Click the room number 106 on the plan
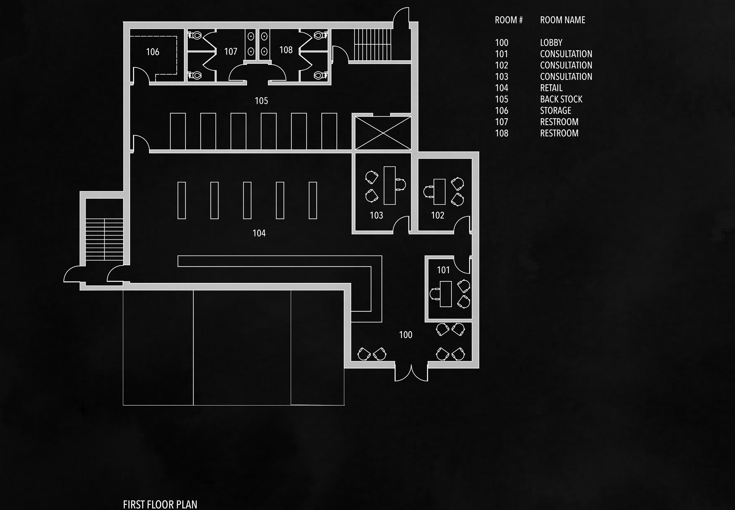point(152,52)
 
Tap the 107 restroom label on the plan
point(231,51)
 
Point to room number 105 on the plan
point(261,101)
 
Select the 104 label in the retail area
point(259,233)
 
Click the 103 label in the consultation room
point(376,215)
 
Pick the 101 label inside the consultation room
point(443,270)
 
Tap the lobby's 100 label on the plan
point(406,335)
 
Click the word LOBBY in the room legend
point(551,43)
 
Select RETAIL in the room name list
point(551,88)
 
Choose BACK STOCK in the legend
point(561,99)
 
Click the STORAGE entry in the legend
point(555,111)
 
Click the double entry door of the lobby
point(411,373)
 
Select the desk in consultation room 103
point(390,185)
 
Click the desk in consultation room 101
point(446,294)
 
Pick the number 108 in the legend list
point(501,133)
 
